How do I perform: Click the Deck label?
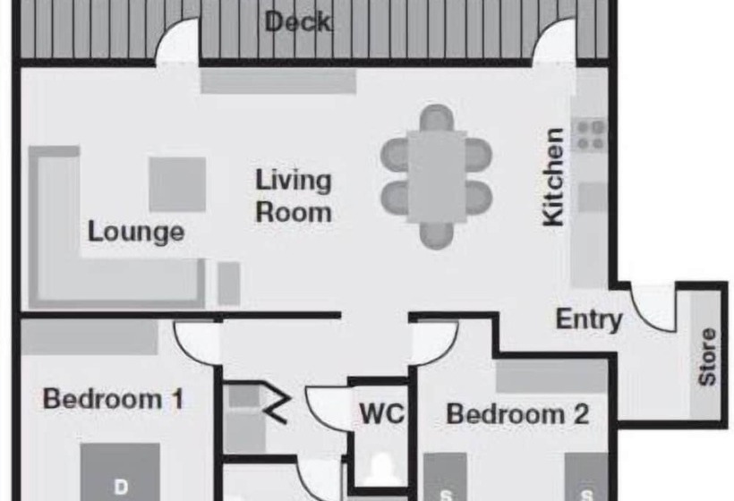(298, 21)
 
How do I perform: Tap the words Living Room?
(294, 196)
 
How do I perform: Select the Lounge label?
(136, 232)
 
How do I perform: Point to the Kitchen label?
(553, 177)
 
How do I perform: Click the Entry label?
(589, 320)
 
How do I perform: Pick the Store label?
(707, 356)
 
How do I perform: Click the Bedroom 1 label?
(114, 399)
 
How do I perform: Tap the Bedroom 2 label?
(517, 414)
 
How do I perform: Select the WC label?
(381, 413)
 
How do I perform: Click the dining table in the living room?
(436, 177)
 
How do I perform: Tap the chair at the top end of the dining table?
(436, 117)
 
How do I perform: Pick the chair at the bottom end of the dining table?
(436, 235)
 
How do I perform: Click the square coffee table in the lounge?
(177, 184)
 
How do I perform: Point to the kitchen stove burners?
(590, 135)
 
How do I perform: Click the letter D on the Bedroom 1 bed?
(121, 487)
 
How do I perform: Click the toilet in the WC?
(381, 469)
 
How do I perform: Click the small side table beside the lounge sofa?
(229, 284)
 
